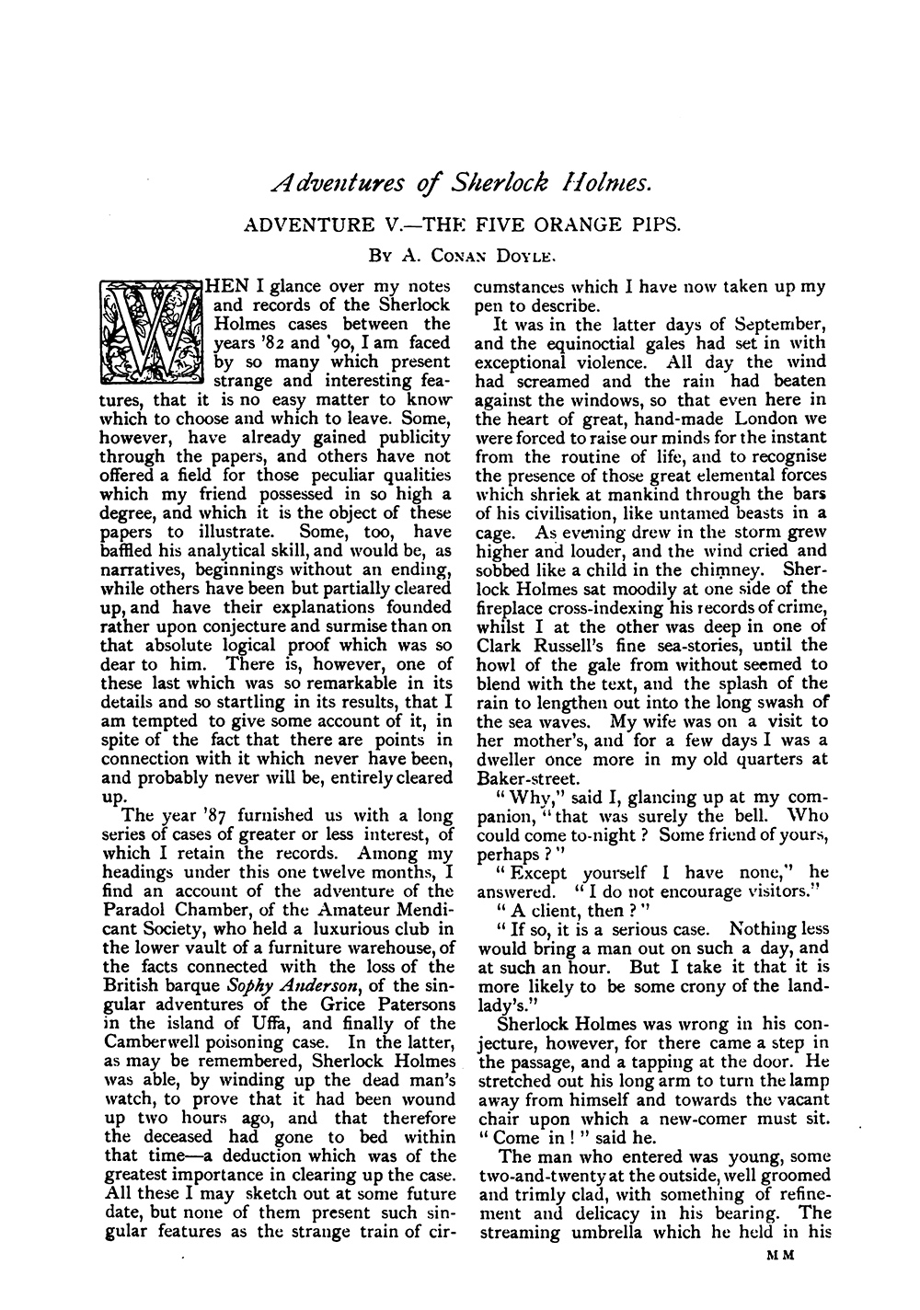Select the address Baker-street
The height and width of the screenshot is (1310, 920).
[521, 777]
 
